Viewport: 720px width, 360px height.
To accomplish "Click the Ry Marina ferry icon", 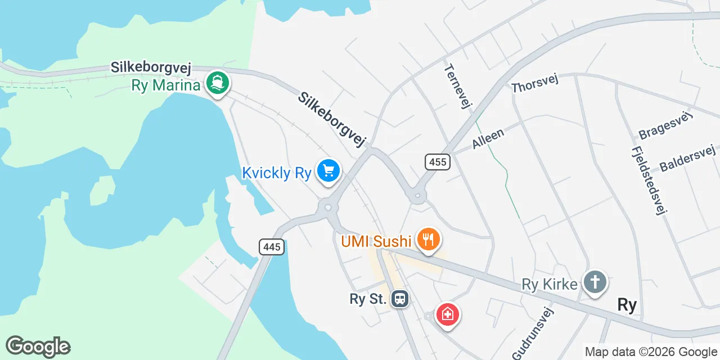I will (x=217, y=83).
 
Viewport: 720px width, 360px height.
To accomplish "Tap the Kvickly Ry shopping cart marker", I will (x=328, y=170).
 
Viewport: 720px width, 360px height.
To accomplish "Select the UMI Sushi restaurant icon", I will (x=429, y=240).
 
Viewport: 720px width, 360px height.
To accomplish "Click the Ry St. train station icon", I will (x=400, y=299).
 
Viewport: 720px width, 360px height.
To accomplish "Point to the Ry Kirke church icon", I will (x=595, y=281).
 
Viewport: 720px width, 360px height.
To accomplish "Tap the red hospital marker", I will (x=447, y=314).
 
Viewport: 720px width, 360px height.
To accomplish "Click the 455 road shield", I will (x=437, y=163).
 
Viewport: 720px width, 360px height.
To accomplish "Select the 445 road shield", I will (x=272, y=246).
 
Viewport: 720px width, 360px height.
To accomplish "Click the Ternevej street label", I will (x=457, y=86).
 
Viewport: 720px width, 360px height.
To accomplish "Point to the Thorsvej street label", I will (x=534, y=84).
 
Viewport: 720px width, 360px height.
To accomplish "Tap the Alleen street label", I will (x=488, y=137).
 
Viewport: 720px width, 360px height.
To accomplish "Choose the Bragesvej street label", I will (x=665, y=125).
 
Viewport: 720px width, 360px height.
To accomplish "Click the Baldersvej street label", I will (x=687, y=158).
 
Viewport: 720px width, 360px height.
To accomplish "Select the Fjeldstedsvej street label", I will (x=649, y=181).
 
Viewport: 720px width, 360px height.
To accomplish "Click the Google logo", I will (x=38, y=346).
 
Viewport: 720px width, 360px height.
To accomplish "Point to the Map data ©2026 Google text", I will (x=651, y=352).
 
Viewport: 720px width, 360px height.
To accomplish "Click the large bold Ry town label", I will (x=627, y=305).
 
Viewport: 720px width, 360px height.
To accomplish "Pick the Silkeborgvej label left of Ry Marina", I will (x=151, y=68).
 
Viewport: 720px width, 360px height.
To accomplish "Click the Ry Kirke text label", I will (x=550, y=284).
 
